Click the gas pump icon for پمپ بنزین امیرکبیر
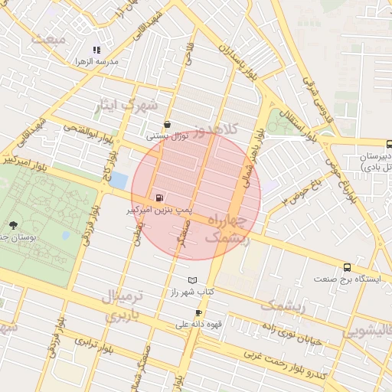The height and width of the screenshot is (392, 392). click(x=159, y=197)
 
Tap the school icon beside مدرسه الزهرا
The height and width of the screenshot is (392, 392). click(x=96, y=50)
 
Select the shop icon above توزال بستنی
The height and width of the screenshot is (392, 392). click(x=167, y=124)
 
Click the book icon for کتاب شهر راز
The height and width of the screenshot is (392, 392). click(x=192, y=280)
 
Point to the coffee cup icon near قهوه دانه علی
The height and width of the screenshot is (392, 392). click(x=199, y=312)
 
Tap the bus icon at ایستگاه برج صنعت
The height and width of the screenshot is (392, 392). click(x=348, y=267)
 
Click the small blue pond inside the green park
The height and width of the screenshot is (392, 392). click(x=65, y=235)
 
